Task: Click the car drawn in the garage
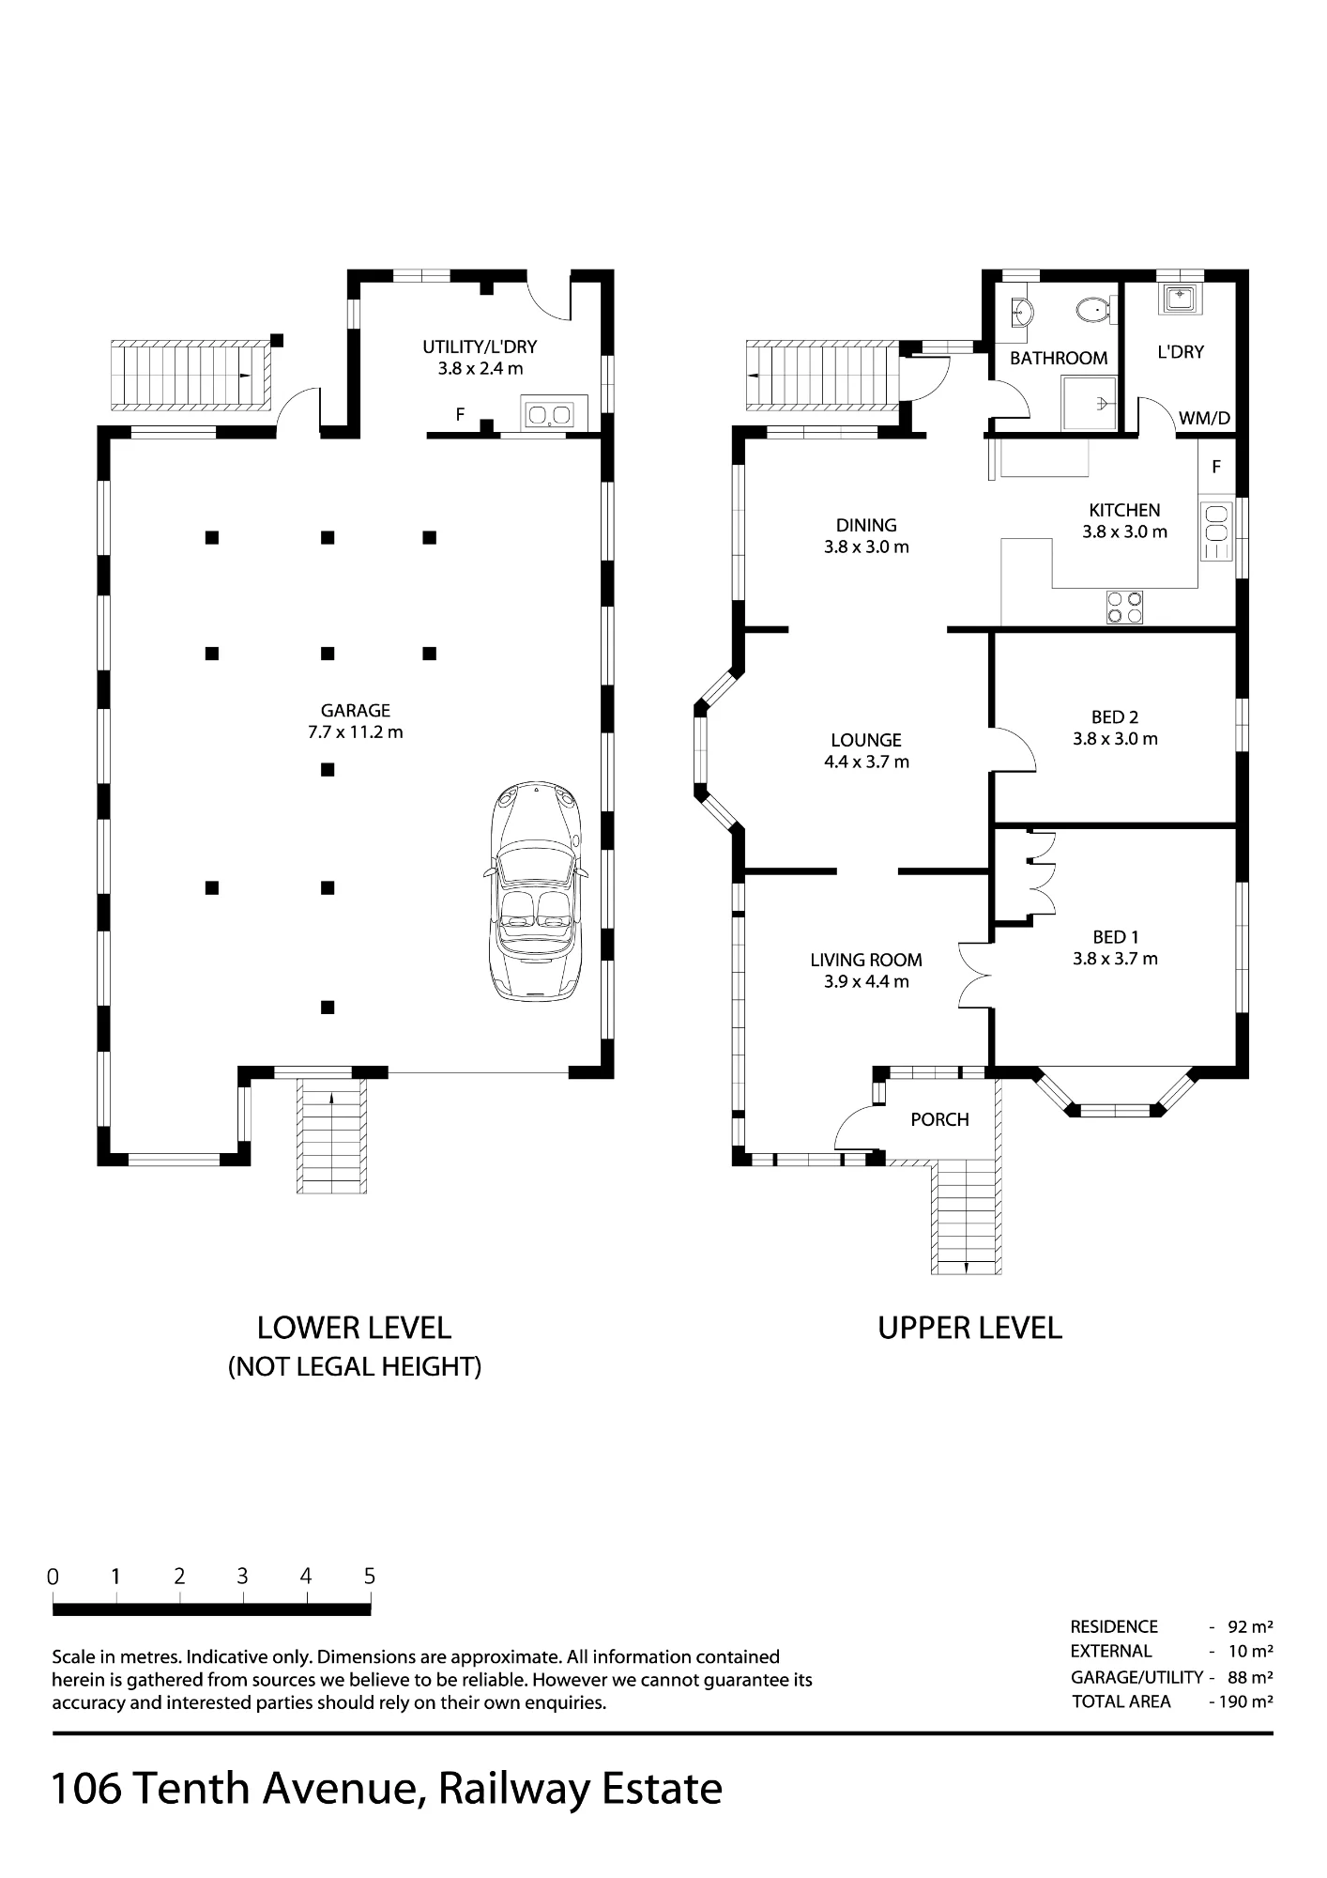pos(536,890)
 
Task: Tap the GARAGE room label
pos(356,711)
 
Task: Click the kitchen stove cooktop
pos(1124,607)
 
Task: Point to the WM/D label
pos(1204,419)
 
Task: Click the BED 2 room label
pos(1115,717)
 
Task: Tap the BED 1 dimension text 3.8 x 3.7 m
pos(1115,959)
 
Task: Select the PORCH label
pos(939,1119)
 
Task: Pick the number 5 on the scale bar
pos(370,1577)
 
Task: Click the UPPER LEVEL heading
pos(969,1328)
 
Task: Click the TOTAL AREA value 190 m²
pos(1244,1701)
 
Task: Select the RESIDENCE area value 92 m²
pos(1250,1626)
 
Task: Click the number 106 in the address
pos(86,1789)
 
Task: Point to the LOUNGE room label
pos(866,740)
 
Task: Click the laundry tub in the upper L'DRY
pos(1180,299)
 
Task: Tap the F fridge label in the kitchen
pos(1216,467)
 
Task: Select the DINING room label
pos(866,525)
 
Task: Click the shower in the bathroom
pos(1090,404)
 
